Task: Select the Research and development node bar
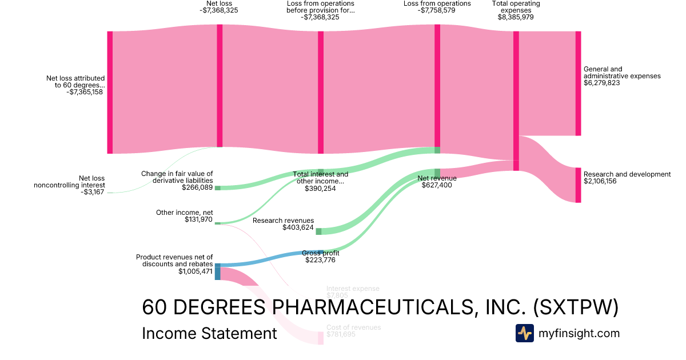click(x=578, y=185)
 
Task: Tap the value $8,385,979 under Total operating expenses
click(x=516, y=17)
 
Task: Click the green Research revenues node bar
click(x=318, y=231)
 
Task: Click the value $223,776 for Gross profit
click(x=320, y=261)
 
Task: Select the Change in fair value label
click(x=177, y=177)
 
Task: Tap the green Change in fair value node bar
click(x=217, y=188)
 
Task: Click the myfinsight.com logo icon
click(x=524, y=333)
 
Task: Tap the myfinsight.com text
click(x=579, y=333)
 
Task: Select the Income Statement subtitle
click(x=209, y=334)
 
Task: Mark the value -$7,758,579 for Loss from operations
click(x=437, y=10)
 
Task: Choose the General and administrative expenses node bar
click(x=578, y=83)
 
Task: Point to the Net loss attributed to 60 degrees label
click(x=76, y=85)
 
